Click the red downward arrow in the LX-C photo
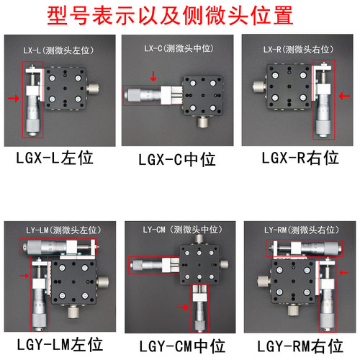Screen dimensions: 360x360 point(152,74)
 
